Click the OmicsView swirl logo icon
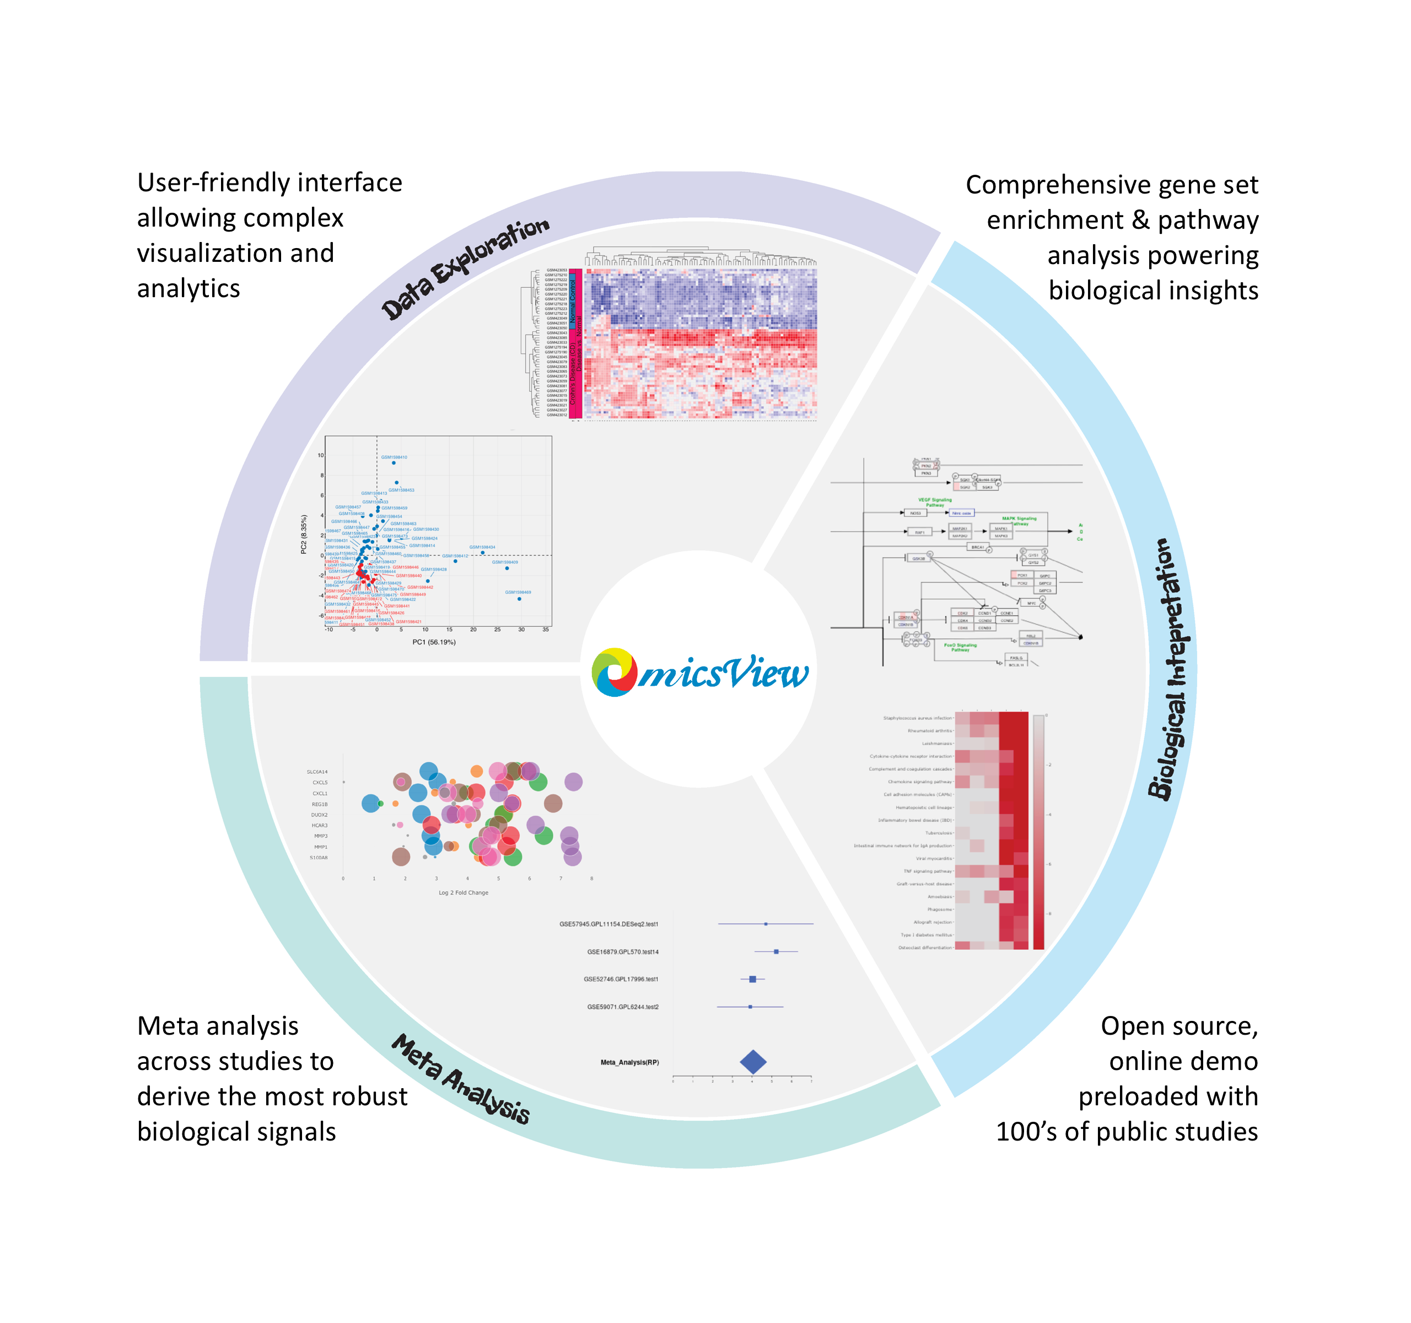[615, 671]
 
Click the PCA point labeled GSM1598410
[394, 462]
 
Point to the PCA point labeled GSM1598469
[520, 599]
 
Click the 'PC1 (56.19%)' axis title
[434, 642]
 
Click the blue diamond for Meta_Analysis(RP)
[753, 1062]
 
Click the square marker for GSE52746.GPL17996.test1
[752, 980]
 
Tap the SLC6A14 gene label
[317, 772]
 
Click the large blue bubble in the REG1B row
[370, 804]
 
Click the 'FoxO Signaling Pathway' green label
[960, 647]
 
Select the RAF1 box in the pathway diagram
[920, 531]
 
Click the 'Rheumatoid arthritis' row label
[930, 731]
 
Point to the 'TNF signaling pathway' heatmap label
[928, 871]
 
